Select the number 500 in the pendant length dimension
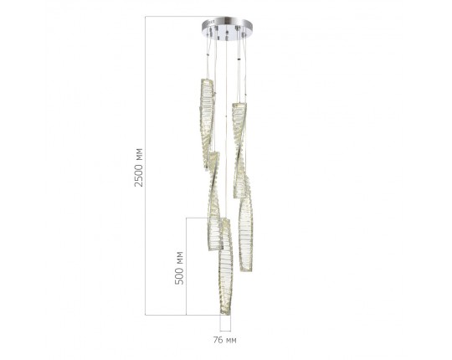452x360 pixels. pos(178,274)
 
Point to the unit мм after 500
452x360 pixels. pos(178,253)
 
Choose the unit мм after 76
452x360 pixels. pos(230,341)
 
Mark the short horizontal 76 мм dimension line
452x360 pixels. pos(224,329)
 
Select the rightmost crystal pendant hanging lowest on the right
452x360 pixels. pos(246,234)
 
